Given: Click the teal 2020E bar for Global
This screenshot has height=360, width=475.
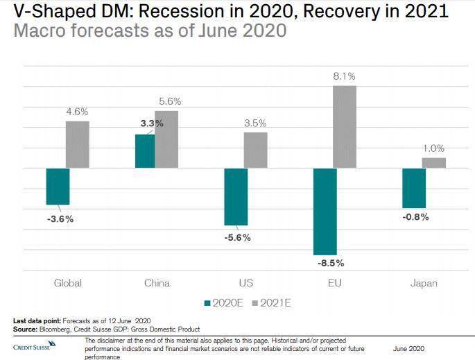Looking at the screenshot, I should point(58,186).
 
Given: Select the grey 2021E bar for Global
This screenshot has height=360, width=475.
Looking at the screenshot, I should point(78,144).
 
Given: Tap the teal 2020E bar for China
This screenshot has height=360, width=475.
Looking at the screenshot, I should point(145,151).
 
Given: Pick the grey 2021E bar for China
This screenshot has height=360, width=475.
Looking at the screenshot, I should point(166,139).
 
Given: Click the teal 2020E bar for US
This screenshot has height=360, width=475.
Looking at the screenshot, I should point(236,196).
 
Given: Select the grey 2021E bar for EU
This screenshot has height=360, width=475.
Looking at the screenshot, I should point(345,127).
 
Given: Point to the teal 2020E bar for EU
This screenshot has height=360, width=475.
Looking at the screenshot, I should point(325,212).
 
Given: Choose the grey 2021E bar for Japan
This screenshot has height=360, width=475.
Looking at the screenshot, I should point(434,163).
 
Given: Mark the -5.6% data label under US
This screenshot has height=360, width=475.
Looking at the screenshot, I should point(236,237).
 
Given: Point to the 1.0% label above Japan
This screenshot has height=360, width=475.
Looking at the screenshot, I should point(434,148).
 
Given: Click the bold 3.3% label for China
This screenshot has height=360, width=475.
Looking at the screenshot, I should point(152,123).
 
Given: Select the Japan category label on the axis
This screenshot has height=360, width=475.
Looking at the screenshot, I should point(424,283).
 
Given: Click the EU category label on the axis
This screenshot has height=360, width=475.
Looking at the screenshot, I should point(335,283).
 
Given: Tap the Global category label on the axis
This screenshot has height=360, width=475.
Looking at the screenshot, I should point(68,283).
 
